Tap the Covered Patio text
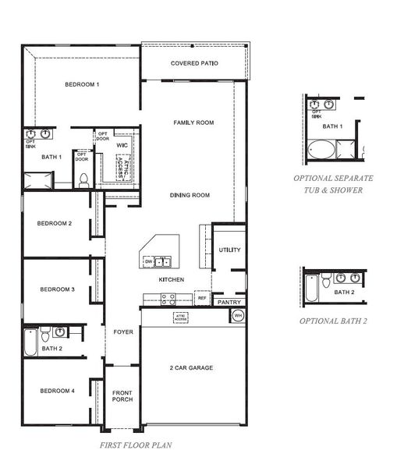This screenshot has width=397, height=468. [194, 63]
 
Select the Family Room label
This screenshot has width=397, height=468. [193, 122]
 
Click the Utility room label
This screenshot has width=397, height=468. [229, 250]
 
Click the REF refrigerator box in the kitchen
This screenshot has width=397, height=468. [202, 298]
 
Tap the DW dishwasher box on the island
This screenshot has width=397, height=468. [148, 261]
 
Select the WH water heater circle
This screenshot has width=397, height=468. [237, 316]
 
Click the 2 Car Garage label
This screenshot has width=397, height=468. [191, 367]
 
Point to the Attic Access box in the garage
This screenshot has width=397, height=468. [180, 317]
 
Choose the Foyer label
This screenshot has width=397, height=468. [122, 331]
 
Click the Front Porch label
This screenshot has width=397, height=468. [122, 395]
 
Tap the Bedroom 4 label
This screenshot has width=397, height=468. [57, 391]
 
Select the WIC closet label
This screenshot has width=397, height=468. [122, 145]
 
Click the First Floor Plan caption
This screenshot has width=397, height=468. [136, 445]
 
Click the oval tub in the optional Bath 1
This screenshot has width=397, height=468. [321, 150]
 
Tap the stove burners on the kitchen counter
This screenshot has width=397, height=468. [167, 297]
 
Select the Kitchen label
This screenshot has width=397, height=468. [171, 279]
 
